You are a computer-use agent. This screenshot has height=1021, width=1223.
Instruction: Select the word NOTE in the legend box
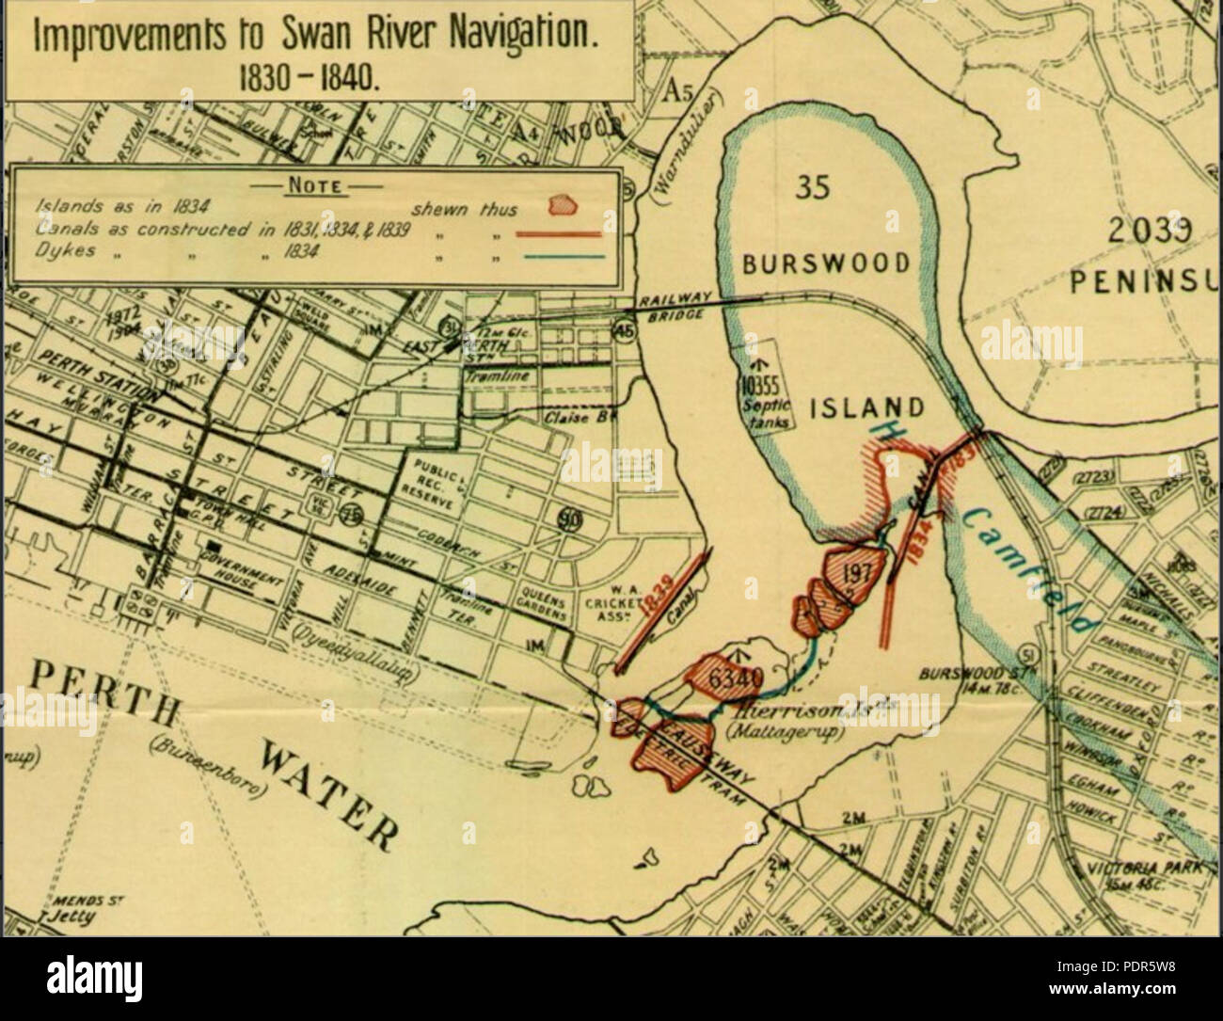313,185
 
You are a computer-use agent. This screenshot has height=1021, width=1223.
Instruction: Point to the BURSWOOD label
826,263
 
